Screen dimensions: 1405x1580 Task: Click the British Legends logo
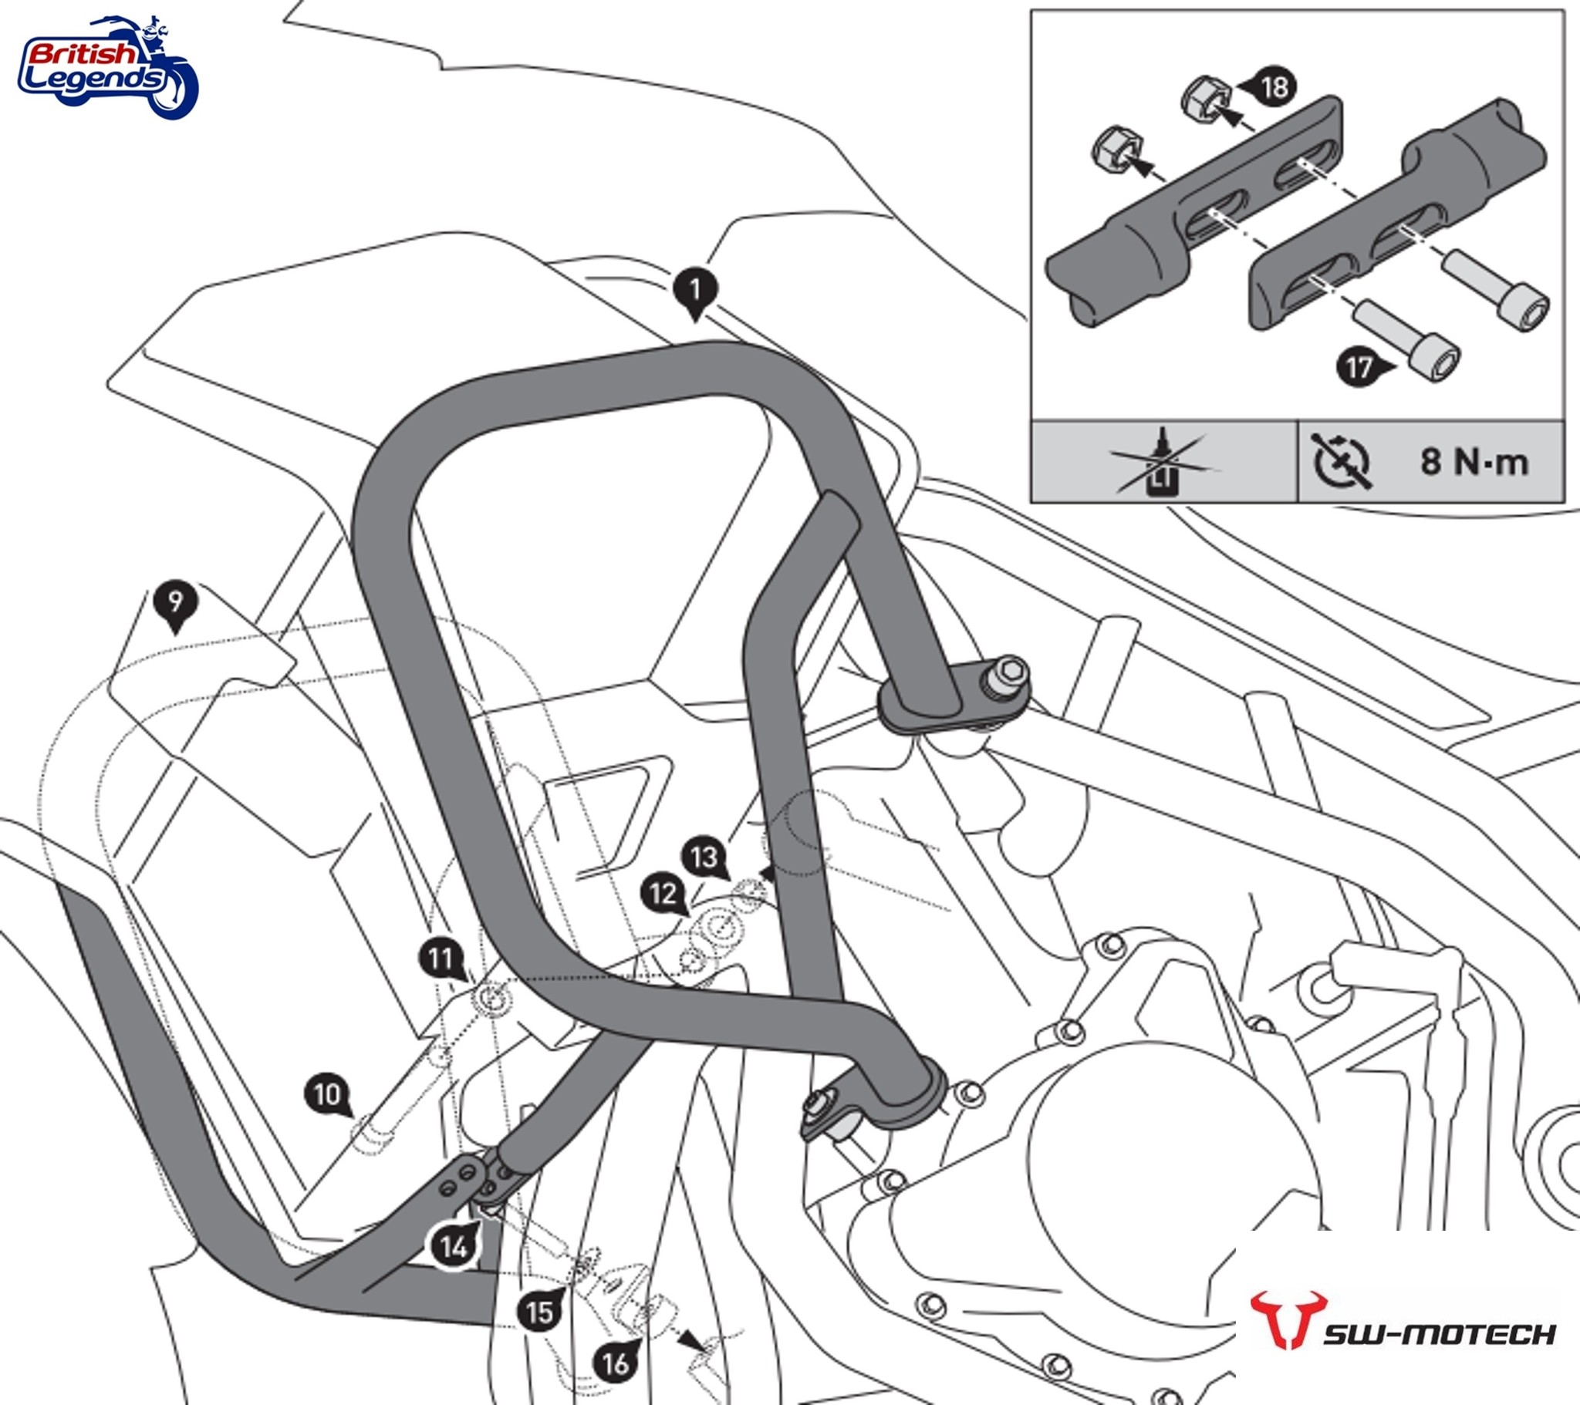pyautogui.click(x=108, y=68)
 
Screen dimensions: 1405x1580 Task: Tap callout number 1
pyautogui.click(x=694, y=291)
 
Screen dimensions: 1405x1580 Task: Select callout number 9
pyautogui.click(x=175, y=602)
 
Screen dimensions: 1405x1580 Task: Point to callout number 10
pyautogui.click(x=327, y=1094)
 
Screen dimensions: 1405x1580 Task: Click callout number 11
pyautogui.click(x=441, y=959)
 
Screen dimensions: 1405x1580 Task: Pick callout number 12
pyautogui.click(x=663, y=895)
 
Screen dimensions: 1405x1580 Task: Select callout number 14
pyautogui.click(x=454, y=1246)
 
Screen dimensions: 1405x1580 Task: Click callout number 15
pyautogui.click(x=539, y=1312)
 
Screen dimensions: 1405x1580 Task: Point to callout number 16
pyautogui.click(x=616, y=1364)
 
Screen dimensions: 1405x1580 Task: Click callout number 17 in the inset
pyautogui.click(x=1358, y=368)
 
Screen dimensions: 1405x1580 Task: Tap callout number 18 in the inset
pyautogui.click(x=1274, y=86)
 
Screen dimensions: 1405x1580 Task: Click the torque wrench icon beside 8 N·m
pyautogui.click(x=1341, y=462)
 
